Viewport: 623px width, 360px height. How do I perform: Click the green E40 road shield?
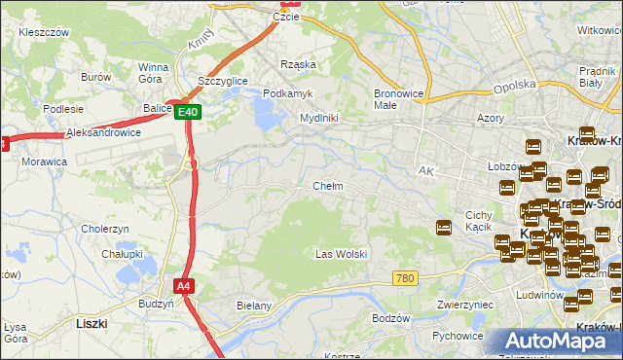pos(189,113)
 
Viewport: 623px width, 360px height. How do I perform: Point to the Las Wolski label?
pos(341,254)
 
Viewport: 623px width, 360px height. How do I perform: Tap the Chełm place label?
pos(327,186)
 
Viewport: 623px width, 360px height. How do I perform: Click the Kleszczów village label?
pos(44,32)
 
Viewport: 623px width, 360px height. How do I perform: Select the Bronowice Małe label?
pos(398,100)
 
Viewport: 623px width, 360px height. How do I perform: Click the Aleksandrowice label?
pos(104,132)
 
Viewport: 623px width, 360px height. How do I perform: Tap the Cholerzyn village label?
pos(106,229)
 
